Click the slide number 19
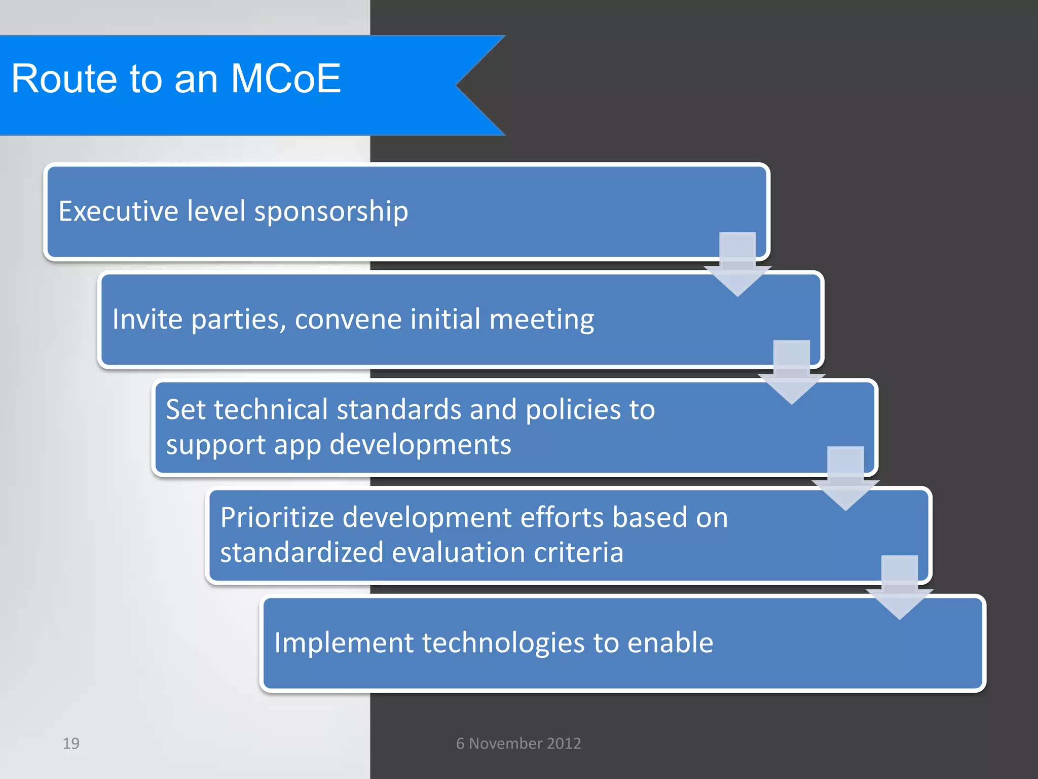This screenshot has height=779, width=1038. point(71,743)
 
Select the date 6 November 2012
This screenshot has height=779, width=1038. point(518,743)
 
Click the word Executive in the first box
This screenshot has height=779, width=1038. point(118,211)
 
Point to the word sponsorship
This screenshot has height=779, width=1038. point(331,212)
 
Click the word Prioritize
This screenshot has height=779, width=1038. point(277,518)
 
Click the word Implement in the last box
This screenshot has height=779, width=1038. point(344,643)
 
